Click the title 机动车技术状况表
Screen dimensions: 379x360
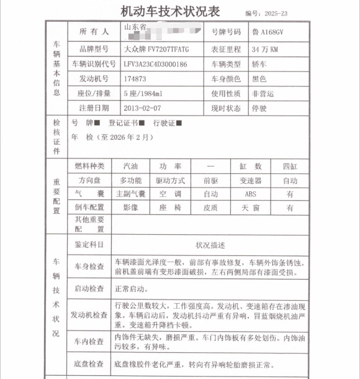pyautogui.click(x=171, y=11)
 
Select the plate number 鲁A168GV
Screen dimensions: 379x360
pyautogui.click(x=268, y=32)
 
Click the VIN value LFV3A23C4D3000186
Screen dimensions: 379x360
pyautogui.click(x=155, y=64)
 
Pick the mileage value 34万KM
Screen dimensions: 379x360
pyautogui.click(x=264, y=48)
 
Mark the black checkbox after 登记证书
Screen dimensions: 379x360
pyautogui.click(x=142, y=123)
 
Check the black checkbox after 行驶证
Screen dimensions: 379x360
pyautogui.click(x=179, y=123)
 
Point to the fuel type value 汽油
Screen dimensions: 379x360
pyautogui.click(x=131, y=167)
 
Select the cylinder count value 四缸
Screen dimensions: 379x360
pyautogui.click(x=290, y=167)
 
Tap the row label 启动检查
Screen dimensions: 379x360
pyautogui.click(x=89, y=289)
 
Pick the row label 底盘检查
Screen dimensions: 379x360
pyautogui.click(x=89, y=363)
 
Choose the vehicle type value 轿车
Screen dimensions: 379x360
pyautogui.click(x=258, y=64)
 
